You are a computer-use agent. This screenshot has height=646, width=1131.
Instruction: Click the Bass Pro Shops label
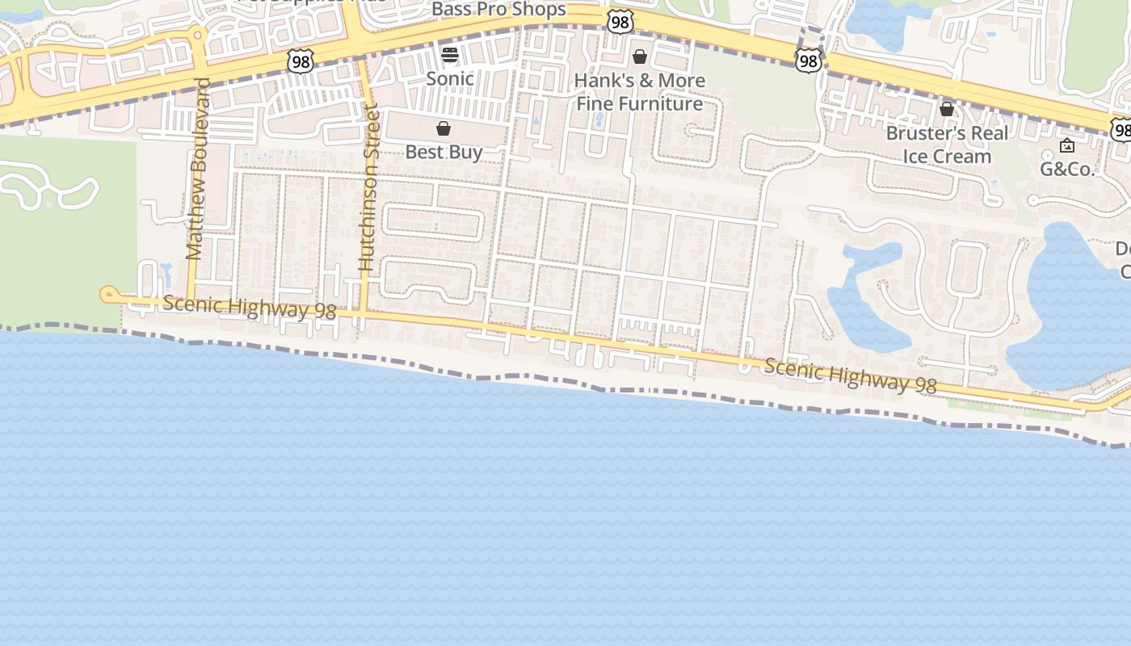click(498, 10)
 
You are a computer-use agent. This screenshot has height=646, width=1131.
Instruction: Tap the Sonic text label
click(450, 78)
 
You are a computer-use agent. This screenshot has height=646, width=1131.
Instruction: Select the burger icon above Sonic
click(450, 55)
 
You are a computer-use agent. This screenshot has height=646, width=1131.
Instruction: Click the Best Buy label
click(444, 152)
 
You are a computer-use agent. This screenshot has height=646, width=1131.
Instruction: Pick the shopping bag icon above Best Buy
click(444, 128)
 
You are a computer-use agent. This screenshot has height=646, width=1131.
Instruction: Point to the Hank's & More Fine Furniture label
click(639, 92)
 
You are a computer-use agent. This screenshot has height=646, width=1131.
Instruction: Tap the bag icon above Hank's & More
click(640, 57)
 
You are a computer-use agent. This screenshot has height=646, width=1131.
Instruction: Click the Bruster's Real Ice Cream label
click(947, 145)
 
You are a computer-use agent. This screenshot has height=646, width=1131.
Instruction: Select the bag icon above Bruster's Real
click(947, 109)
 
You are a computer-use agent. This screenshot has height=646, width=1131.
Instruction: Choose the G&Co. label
click(1066, 170)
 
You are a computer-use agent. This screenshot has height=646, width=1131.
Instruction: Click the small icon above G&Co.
click(1067, 146)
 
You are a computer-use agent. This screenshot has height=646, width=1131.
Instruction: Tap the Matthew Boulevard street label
click(196, 170)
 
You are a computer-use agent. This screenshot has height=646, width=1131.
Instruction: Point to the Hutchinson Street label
click(368, 187)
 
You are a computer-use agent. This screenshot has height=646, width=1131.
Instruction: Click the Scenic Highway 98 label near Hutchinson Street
click(249, 307)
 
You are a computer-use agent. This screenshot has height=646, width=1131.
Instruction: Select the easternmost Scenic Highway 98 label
click(850, 376)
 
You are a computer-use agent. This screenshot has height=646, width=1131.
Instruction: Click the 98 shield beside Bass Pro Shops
click(620, 22)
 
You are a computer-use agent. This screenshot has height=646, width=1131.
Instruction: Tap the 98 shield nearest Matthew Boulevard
click(300, 61)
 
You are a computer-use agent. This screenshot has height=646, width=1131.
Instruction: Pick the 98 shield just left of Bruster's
click(808, 60)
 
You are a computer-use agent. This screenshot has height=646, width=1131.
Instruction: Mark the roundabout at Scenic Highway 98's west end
click(108, 295)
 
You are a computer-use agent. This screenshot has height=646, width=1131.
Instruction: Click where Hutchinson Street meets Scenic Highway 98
click(363, 312)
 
